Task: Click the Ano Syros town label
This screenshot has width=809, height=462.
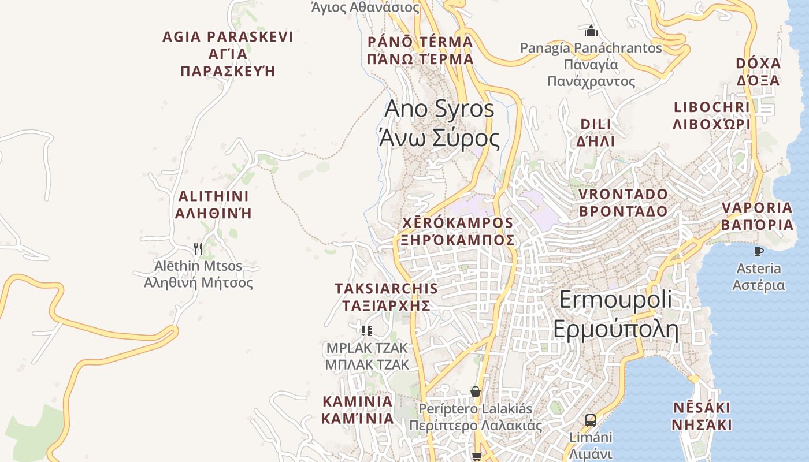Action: click(x=439, y=123)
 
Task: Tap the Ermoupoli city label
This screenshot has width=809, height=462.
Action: click(x=616, y=314)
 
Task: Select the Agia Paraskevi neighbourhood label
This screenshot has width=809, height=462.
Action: click(x=228, y=54)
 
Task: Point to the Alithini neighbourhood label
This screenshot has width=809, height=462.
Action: click(x=214, y=204)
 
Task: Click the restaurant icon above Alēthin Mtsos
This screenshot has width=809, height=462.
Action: click(x=198, y=249)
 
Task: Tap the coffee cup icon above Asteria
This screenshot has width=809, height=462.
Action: click(x=759, y=251)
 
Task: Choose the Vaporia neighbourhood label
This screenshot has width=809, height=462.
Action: click(x=757, y=216)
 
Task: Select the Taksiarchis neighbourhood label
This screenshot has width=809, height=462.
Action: click(x=386, y=296)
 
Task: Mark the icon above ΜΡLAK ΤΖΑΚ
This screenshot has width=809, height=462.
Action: click(x=366, y=330)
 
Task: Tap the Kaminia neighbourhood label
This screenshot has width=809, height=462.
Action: click(x=357, y=409)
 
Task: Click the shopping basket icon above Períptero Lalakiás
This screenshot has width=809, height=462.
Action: click(x=476, y=392)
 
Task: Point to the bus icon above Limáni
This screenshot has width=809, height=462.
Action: click(x=591, y=420)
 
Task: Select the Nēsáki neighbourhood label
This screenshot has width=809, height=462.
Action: click(x=702, y=416)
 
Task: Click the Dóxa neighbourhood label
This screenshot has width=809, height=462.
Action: click(x=758, y=72)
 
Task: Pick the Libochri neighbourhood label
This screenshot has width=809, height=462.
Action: click(x=711, y=115)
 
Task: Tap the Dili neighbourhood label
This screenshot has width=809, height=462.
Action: click(x=595, y=132)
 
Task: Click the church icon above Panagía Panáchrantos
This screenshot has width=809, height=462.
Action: click(x=591, y=30)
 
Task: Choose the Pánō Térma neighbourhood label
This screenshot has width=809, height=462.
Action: click(x=420, y=50)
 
